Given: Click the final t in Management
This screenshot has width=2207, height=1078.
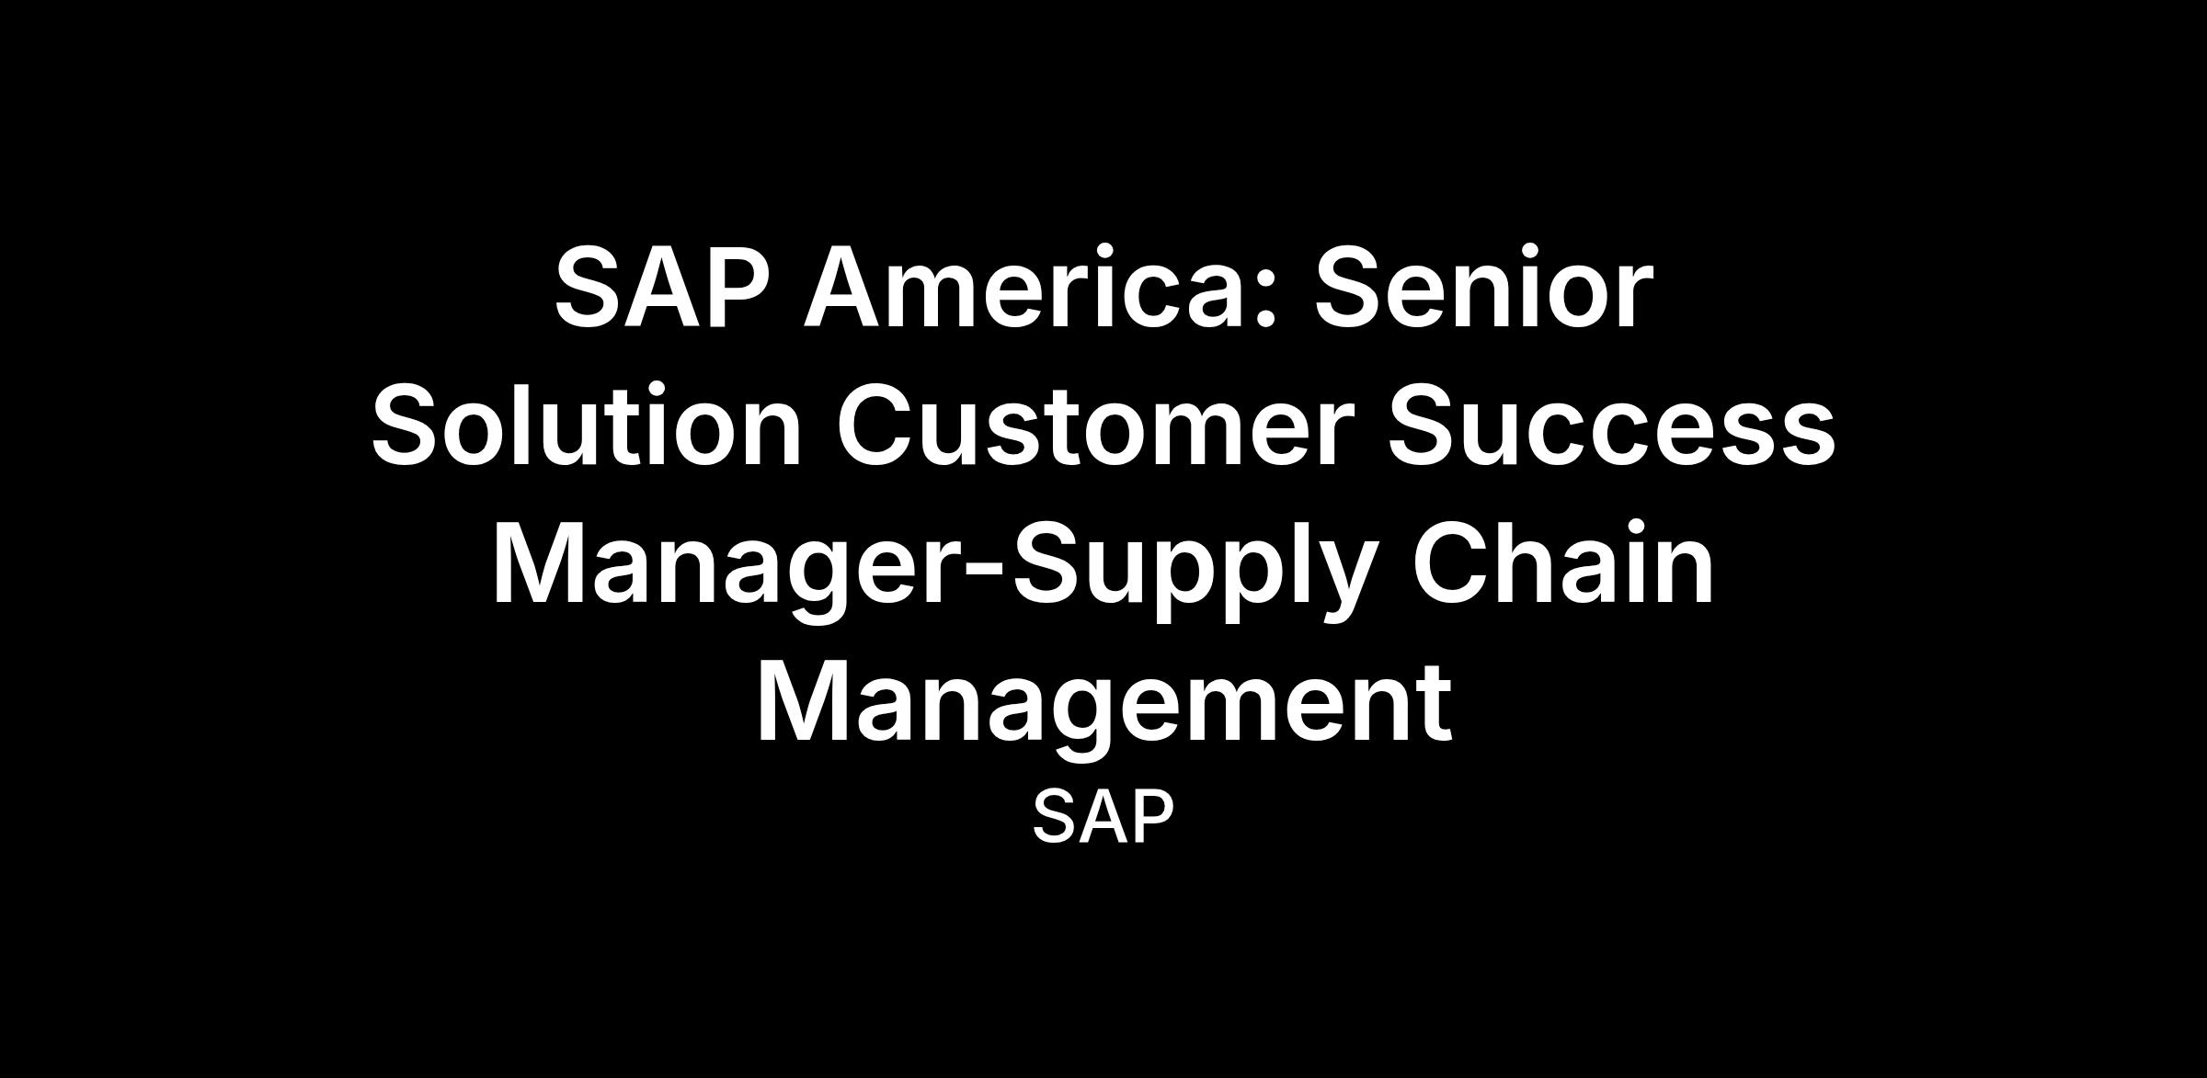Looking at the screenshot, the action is (x=1433, y=708).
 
